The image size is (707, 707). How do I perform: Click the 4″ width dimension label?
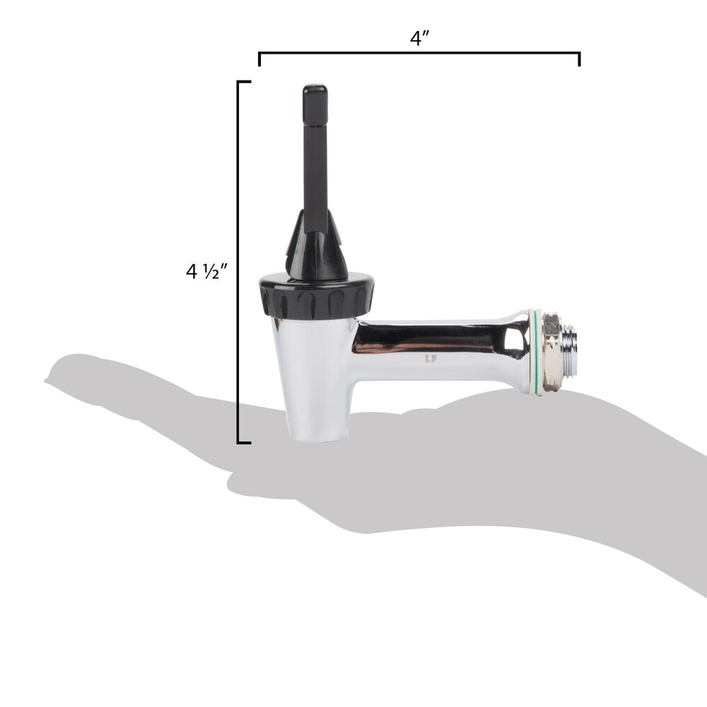[420, 38]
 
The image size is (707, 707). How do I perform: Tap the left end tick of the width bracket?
[259, 59]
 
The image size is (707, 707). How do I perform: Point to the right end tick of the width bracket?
[580, 59]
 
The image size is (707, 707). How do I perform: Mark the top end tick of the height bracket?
[244, 82]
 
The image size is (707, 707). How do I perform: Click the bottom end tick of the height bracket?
[244, 443]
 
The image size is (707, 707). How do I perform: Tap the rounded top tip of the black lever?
[315, 90]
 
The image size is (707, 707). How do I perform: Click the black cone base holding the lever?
[316, 251]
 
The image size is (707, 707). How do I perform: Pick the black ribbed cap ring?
[316, 296]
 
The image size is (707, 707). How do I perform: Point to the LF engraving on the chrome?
[429, 358]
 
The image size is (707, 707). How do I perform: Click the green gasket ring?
[537, 351]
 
